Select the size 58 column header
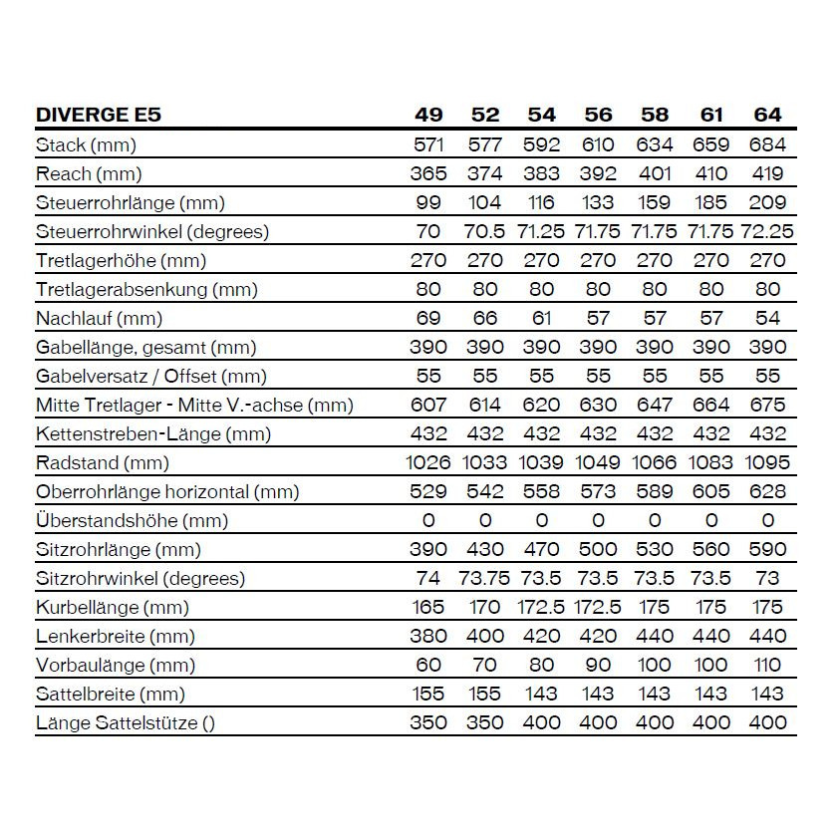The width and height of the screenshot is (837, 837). coord(655,115)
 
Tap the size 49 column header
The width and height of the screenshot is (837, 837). coord(428,115)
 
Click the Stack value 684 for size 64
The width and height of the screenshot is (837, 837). coord(767,144)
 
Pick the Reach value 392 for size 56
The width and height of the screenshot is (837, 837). coord(598,173)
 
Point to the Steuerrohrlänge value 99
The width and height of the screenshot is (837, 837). coord(428,202)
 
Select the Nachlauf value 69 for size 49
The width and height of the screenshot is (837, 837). coord(428,318)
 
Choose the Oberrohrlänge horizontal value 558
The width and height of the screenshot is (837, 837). coord(541,491)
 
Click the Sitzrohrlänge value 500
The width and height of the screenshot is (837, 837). coord(598,549)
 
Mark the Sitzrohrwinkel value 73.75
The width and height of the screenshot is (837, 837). coord(485,578)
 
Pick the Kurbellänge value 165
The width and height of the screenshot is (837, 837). coord(428,607)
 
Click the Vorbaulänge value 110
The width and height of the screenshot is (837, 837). coord(767,665)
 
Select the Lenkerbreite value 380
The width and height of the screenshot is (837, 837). coord(428,636)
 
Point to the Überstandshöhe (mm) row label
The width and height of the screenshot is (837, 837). coord(132,520)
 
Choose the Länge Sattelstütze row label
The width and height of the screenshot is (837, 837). coord(125,722)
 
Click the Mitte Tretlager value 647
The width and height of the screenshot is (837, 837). coord(655,405)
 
